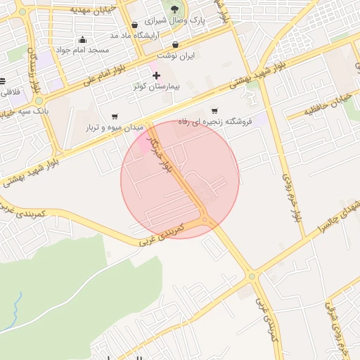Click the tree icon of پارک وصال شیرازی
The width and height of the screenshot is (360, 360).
coord(174,9)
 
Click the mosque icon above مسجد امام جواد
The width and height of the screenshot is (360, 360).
coord(84,39)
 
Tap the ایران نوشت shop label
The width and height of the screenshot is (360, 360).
coord(175,55)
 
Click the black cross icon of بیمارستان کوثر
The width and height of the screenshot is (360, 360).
coord(156,75)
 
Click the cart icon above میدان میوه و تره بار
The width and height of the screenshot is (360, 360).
coord(115,117)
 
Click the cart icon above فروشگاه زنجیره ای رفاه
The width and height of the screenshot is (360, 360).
coord(214,110)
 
